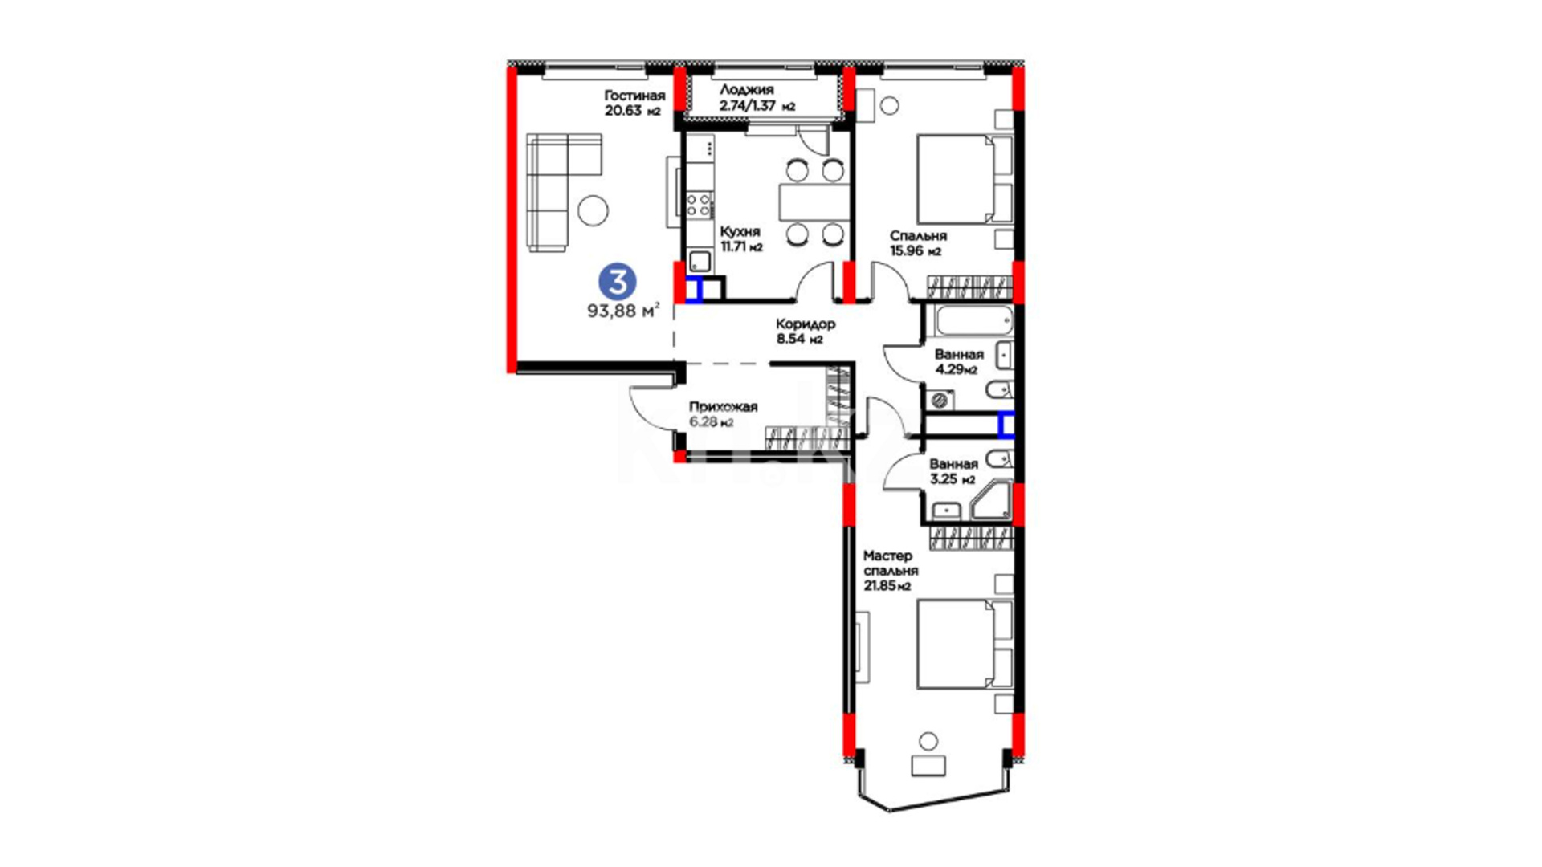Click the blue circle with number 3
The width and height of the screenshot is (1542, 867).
point(618,282)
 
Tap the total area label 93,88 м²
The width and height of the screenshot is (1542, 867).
point(623,311)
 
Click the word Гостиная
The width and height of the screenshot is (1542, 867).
point(634,96)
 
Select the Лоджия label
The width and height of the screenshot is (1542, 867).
point(746,90)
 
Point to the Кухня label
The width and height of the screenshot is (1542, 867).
point(740,232)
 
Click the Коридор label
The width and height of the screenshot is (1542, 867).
point(806,324)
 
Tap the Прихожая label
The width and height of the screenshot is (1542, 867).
point(723,408)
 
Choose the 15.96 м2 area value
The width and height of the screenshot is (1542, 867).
point(916,251)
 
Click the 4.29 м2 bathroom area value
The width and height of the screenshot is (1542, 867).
point(956,370)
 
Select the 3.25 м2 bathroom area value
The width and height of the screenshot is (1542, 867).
point(953,479)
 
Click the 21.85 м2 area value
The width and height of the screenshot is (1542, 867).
point(887,586)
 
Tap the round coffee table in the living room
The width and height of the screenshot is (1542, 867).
point(594,210)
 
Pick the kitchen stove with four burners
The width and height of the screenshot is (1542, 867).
point(700,204)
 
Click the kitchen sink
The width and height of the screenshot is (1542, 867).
point(700,261)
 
